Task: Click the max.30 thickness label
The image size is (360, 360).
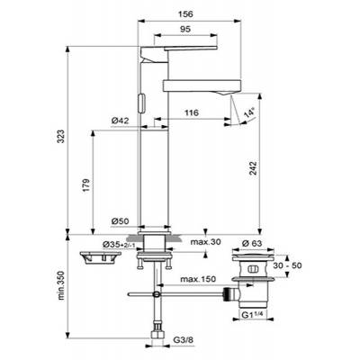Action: pos(205,242)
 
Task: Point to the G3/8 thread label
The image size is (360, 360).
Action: pos(184,341)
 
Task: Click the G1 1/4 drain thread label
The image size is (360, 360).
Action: pos(257,316)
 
